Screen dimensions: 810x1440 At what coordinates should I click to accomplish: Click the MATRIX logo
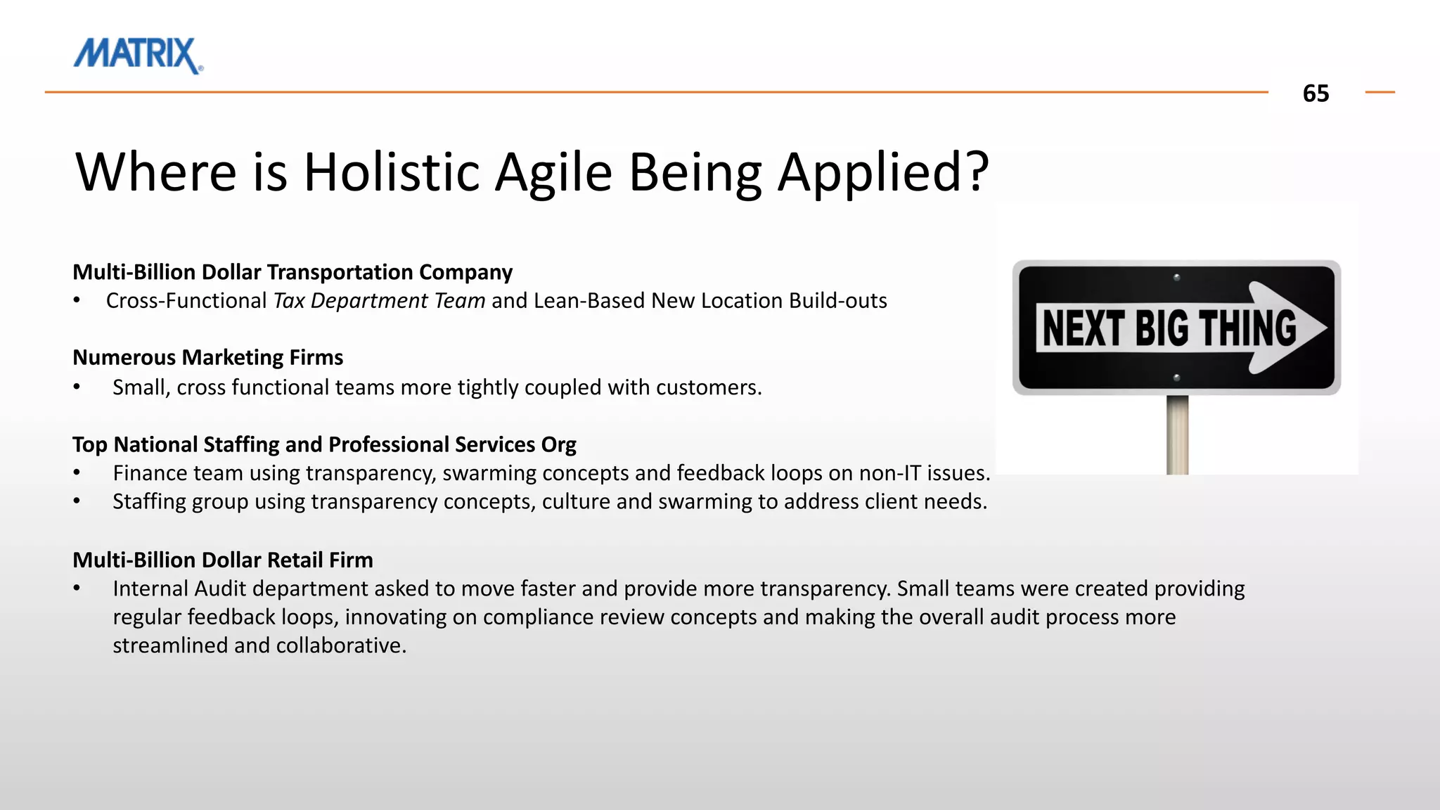[138, 55]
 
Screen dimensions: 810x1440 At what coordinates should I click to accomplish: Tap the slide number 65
[1315, 94]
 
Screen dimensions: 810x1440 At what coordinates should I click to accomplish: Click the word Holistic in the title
[391, 172]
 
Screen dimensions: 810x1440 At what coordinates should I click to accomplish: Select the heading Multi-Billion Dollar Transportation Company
[292, 272]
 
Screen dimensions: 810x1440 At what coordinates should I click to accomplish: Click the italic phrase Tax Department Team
[379, 301]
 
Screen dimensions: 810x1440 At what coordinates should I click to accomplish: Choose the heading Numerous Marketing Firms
[207, 358]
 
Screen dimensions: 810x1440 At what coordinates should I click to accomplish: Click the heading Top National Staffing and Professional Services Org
[324, 445]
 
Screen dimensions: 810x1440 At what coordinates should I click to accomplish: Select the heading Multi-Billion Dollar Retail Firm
[223, 560]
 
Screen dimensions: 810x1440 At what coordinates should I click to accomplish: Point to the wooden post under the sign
[1177, 436]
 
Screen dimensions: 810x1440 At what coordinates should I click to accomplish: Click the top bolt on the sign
[1177, 277]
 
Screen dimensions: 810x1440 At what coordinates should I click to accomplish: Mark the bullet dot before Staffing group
[77, 502]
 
